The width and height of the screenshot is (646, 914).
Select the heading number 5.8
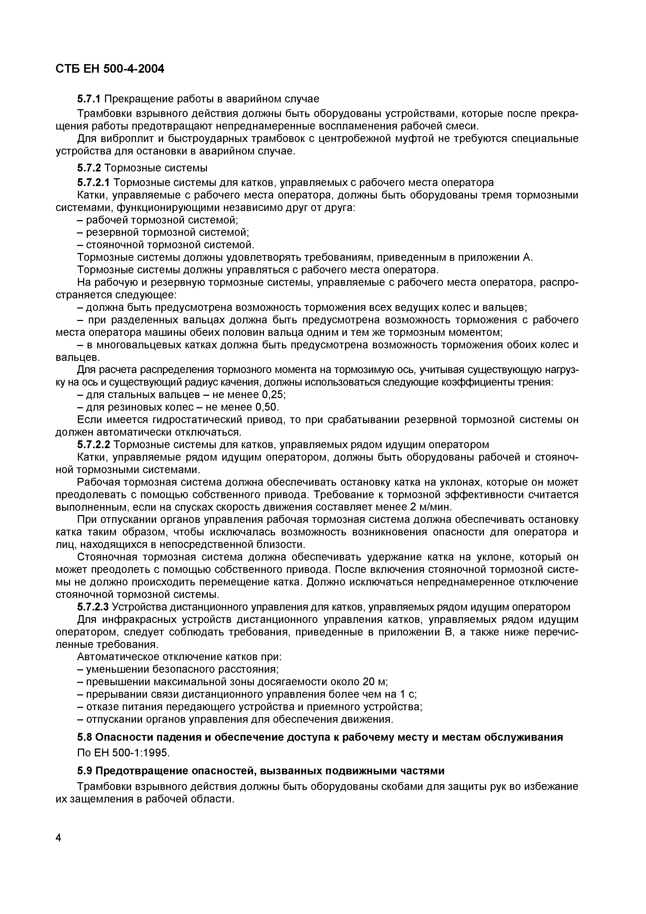coord(84,737)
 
